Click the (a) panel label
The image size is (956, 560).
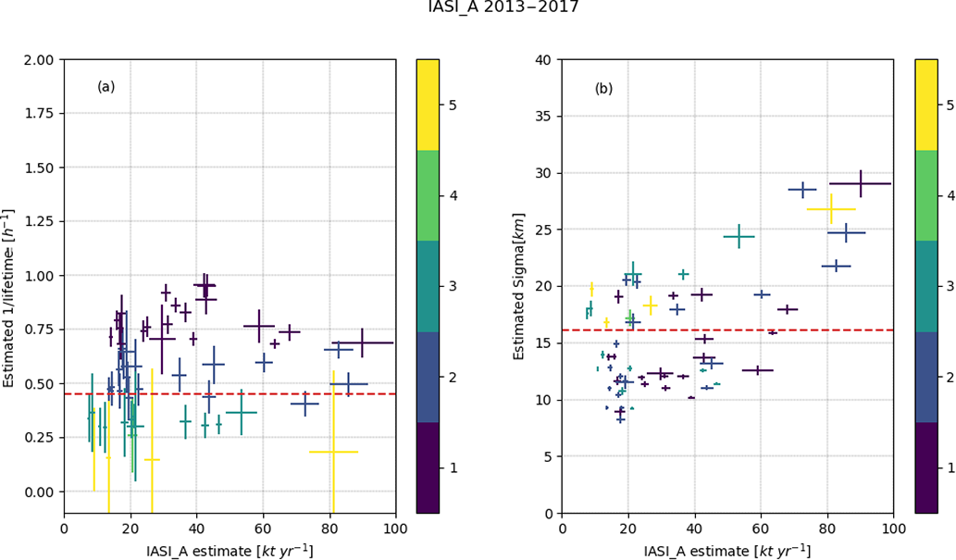tap(106, 87)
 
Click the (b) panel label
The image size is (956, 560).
tap(603, 89)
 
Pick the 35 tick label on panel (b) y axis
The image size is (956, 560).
tap(544, 117)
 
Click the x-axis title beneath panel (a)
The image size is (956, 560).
tap(230, 550)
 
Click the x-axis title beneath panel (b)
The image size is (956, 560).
tap(727, 550)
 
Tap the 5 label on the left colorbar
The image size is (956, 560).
tap(452, 106)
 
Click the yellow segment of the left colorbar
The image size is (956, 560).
tap(428, 105)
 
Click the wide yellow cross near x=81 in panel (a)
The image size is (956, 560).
tap(333, 452)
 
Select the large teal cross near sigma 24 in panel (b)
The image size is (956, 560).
tap(739, 237)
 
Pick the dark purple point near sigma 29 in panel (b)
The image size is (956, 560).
tap(860, 183)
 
